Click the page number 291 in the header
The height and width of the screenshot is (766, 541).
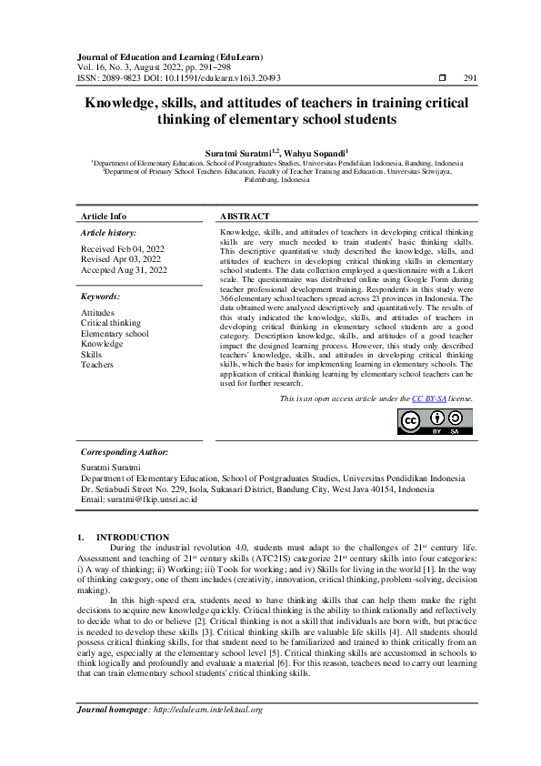[x=470, y=78]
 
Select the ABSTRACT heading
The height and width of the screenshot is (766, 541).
[x=245, y=216]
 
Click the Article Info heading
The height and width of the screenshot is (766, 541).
[x=104, y=216]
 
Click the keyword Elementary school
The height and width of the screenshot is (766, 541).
[x=115, y=334]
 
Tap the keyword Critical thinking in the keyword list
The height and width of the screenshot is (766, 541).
[x=111, y=323]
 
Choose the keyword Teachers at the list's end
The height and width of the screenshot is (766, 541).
[x=97, y=365]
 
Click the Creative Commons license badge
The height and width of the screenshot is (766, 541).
[x=435, y=420]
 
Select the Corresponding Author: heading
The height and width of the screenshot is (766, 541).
[x=125, y=452]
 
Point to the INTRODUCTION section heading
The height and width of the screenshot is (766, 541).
[x=133, y=538]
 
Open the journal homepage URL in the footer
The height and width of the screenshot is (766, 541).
[x=207, y=735]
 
